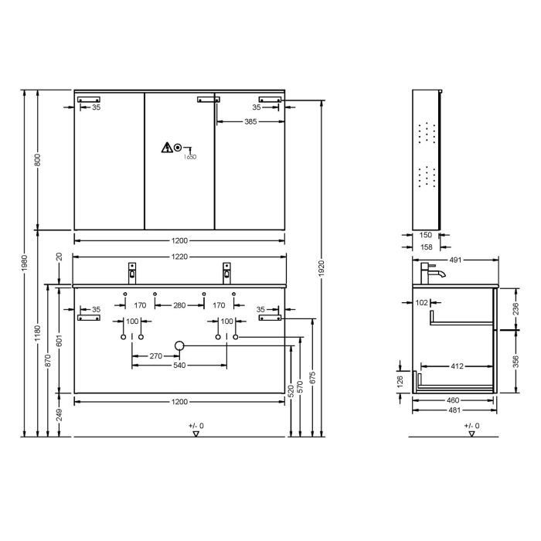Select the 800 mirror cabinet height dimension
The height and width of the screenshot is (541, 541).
tap(37, 160)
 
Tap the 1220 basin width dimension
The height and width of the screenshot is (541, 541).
tap(179, 256)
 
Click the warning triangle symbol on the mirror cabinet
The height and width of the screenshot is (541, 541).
tap(165, 147)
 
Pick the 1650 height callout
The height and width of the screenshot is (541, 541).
tap(190, 157)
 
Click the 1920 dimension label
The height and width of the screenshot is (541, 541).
tap(320, 267)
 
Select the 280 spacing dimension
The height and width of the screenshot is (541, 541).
tap(179, 306)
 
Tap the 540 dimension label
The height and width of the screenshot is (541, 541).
tap(179, 366)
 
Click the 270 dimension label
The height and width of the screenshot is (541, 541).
tap(155, 356)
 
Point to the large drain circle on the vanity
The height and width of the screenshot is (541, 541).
tap(179, 345)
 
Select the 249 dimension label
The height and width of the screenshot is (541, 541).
tap(59, 415)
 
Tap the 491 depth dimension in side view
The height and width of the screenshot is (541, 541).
tap(454, 261)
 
